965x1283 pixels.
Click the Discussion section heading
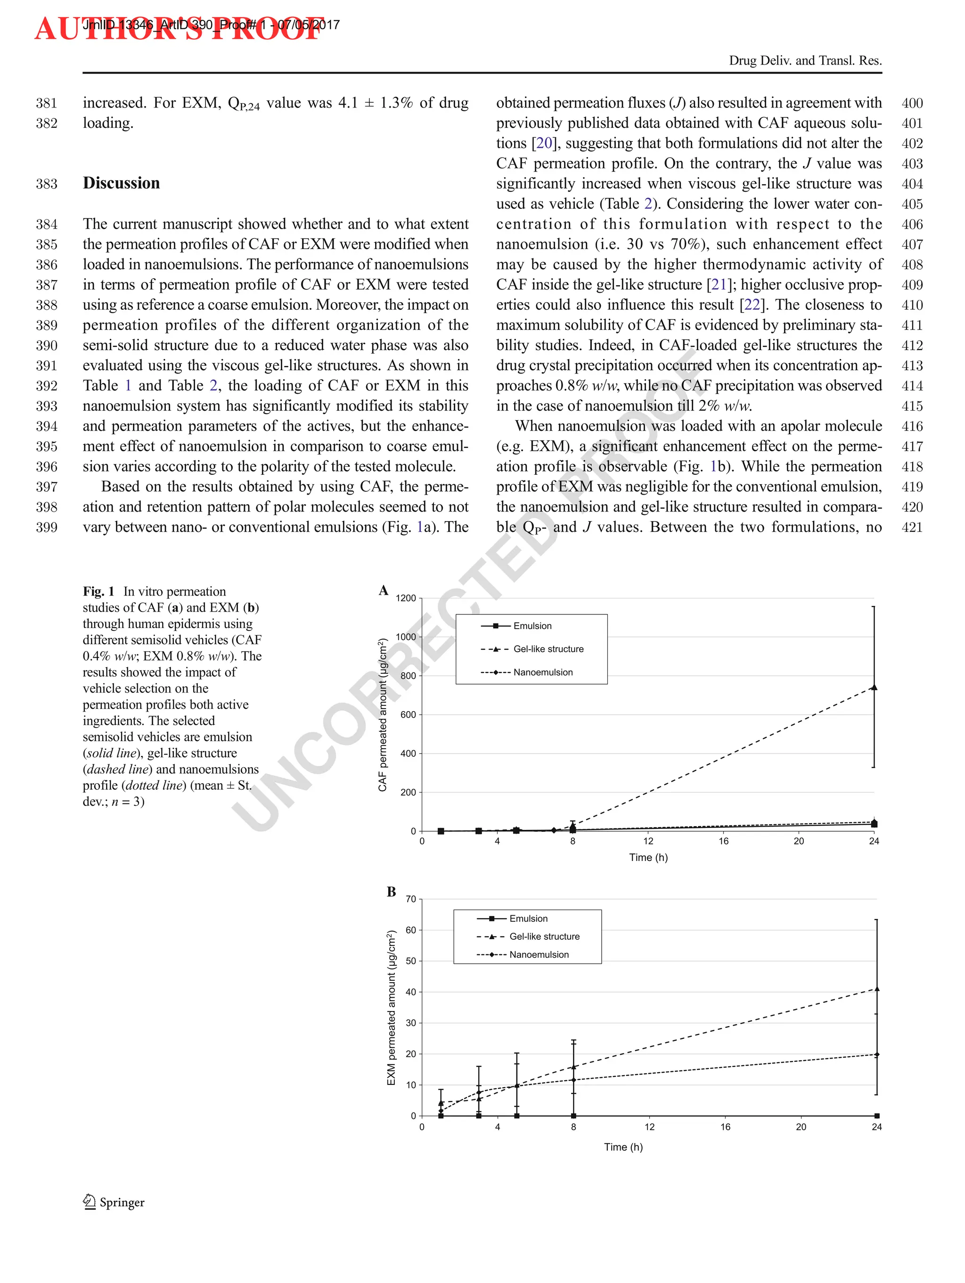[x=121, y=183]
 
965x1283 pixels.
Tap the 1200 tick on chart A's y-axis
[x=406, y=598]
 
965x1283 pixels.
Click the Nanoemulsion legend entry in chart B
[x=539, y=954]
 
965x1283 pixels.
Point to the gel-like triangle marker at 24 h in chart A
[x=874, y=687]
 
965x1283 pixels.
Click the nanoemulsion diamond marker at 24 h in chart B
[x=876, y=1054]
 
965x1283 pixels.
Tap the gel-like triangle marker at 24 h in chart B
[x=876, y=989]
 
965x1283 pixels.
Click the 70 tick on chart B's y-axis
[x=410, y=899]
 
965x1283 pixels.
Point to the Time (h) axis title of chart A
[x=648, y=857]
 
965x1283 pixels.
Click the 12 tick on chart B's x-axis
[x=649, y=1127]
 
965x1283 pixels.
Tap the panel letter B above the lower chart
[x=391, y=892]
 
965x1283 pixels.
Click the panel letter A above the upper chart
[x=383, y=590]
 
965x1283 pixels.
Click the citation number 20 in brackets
[x=544, y=143]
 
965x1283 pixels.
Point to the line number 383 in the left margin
[x=46, y=184]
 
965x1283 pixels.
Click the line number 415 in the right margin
[x=912, y=406]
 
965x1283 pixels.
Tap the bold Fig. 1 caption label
[x=98, y=592]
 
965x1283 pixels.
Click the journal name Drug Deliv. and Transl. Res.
[x=805, y=60]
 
